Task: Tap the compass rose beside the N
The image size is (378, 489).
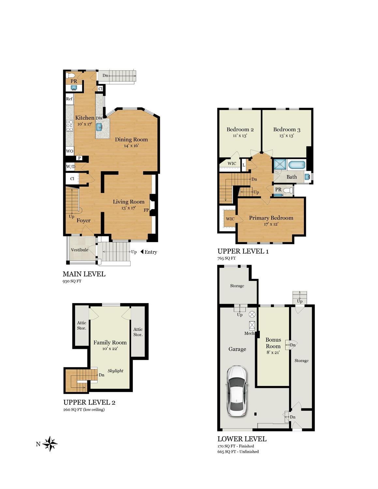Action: tap(50, 444)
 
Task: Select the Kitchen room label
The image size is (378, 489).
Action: tap(84, 117)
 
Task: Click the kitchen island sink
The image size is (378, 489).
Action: tap(99, 127)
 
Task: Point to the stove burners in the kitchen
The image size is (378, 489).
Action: tap(69, 126)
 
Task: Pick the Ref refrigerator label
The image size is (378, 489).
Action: tap(69, 99)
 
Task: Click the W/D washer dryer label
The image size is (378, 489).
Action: tap(70, 167)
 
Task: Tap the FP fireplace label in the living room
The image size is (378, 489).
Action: tap(146, 210)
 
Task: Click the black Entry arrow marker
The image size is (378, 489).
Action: tap(142, 252)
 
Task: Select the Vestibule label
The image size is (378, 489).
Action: tap(80, 250)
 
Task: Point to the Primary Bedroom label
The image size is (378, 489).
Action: tap(271, 218)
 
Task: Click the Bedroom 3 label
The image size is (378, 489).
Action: tap(287, 130)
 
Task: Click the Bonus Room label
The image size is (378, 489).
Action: tap(273, 343)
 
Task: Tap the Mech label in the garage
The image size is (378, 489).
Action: tap(249, 333)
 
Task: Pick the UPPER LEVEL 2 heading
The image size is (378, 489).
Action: tap(89, 402)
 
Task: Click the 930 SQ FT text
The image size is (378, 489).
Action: tap(72, 281)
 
